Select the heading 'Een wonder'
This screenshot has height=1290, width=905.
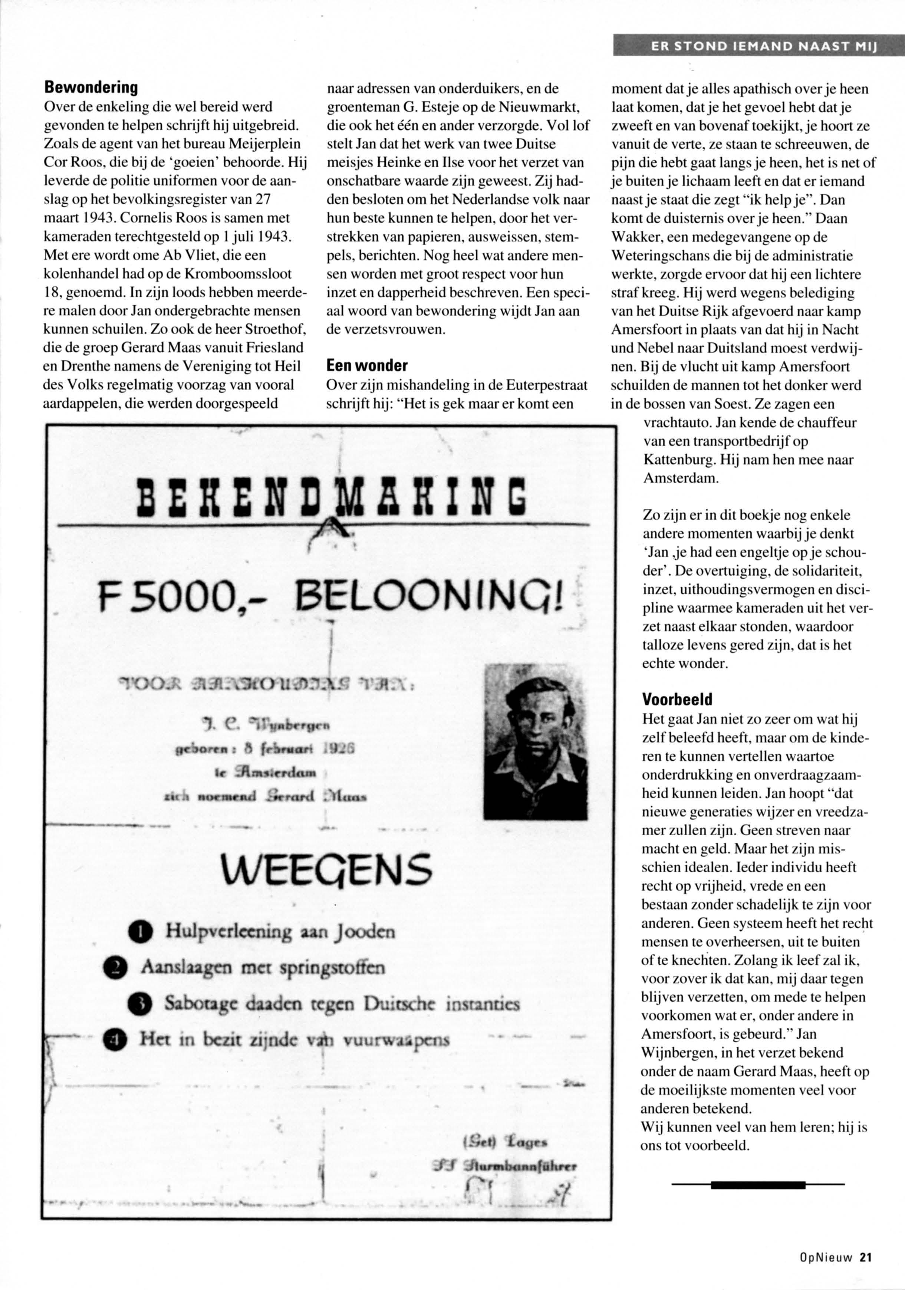pos(367,366)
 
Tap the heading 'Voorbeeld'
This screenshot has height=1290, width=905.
pos(677,700)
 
